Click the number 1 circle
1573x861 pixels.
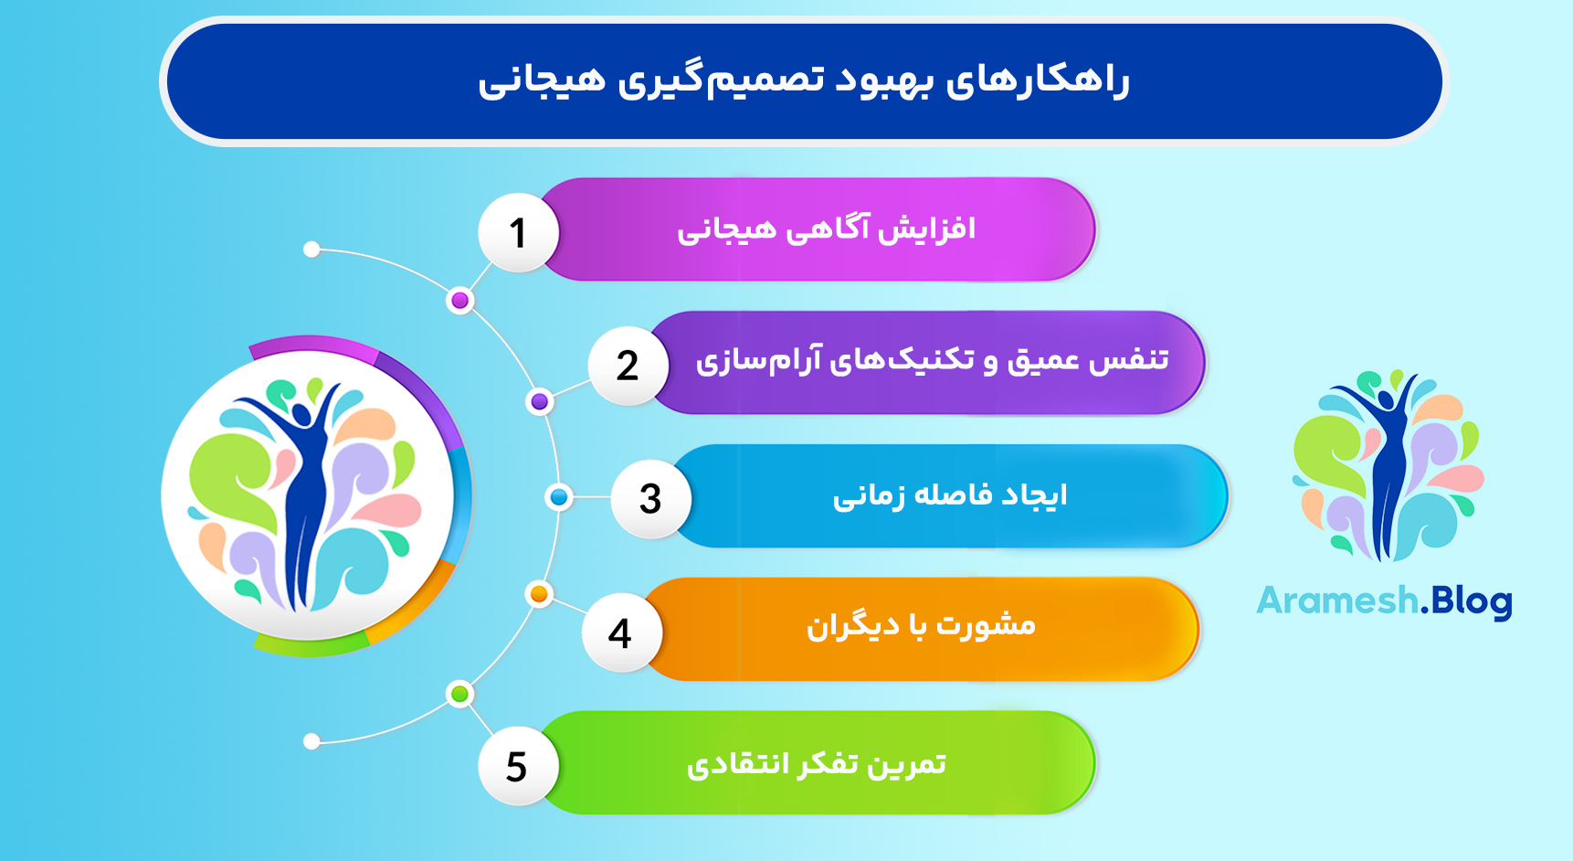(x=518, y=233)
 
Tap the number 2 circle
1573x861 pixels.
(x=628, y=366)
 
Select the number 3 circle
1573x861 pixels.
(x=649, y=498)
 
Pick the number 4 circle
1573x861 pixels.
(x=620, y=632)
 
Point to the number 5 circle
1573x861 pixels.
(x=517, y=766)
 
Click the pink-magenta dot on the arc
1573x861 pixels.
(x=460, y=301)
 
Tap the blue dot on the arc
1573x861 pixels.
(x=558, y=497)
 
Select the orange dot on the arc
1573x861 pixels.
(x=539, y=595)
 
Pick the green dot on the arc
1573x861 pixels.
(x=459, y=695)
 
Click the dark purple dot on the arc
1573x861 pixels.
(x=540, y=401)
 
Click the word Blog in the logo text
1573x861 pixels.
(x=1472, y=601)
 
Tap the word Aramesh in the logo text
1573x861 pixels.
(x=1336, y=601)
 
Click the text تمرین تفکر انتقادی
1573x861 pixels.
(x=816, y=764)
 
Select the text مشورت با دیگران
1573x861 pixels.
(x=921, y=626)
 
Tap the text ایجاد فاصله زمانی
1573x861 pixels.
(x=949, y=495)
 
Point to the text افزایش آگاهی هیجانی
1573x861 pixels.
(x=826, y=229)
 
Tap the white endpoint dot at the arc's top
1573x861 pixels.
(x=311, y=250)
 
